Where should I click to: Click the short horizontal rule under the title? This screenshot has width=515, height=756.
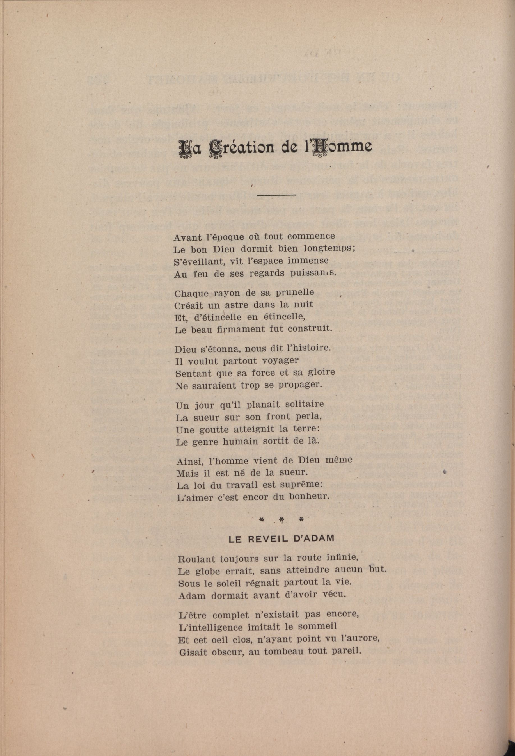coord(276,195)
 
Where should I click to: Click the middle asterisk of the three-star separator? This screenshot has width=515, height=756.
coord(281,521)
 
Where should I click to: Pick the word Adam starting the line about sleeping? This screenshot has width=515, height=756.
coord(192,596)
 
